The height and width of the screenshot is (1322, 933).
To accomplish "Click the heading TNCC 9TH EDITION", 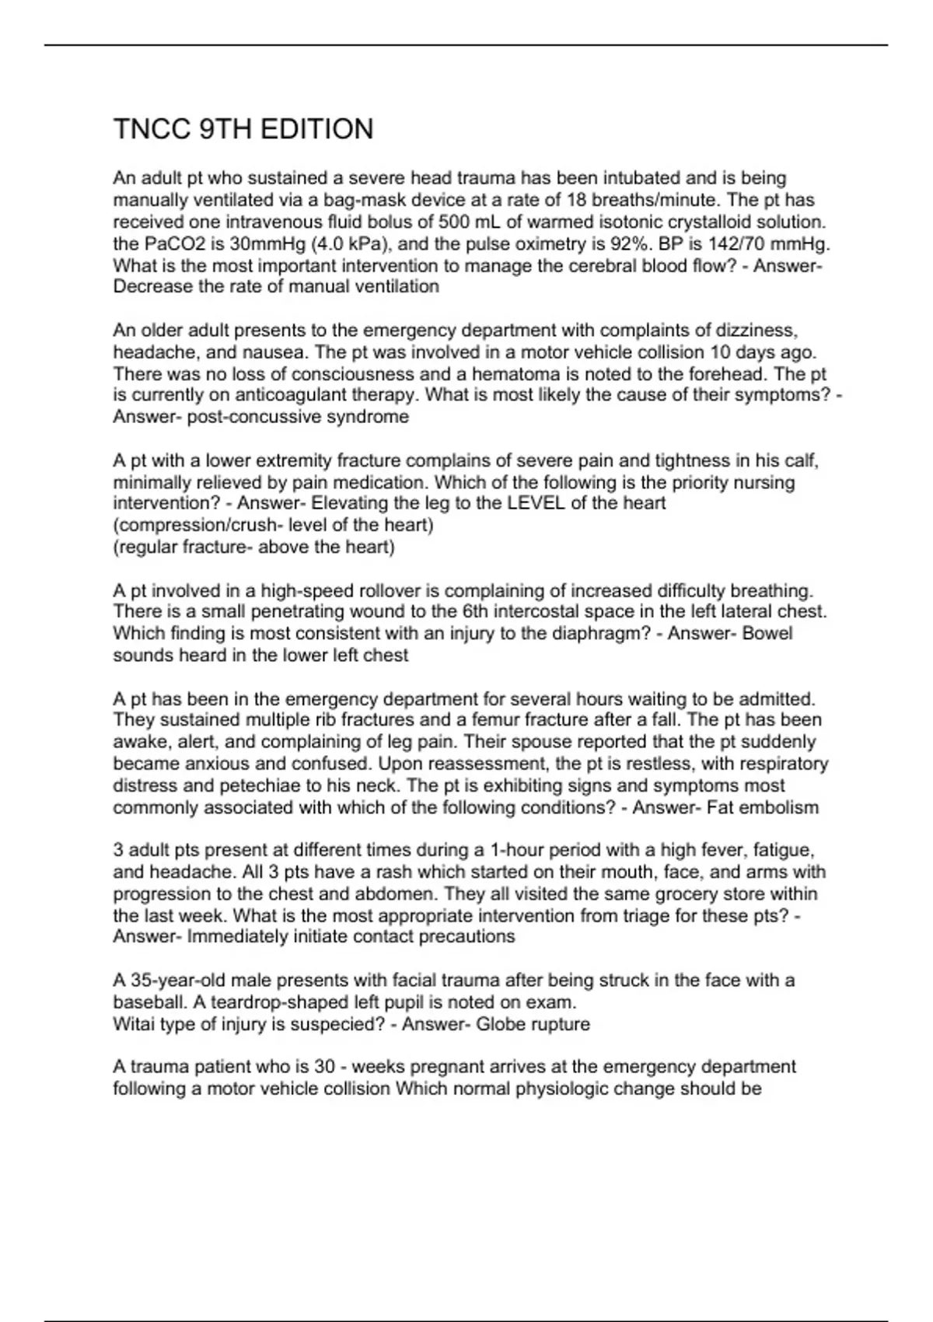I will coord(243,129).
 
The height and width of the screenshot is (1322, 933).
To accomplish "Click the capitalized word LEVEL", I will coord(536,503).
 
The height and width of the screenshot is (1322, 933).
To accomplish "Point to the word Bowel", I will coord(767,634).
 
